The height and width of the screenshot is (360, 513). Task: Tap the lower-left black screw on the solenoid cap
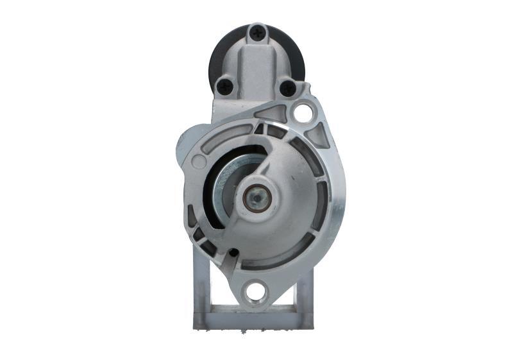226,84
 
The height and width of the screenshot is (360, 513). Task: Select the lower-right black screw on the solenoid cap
288,88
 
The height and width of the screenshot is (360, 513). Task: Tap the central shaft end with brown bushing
256,198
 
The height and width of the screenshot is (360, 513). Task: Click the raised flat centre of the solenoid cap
256,64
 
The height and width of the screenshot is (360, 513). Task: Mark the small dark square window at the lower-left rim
198,235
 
